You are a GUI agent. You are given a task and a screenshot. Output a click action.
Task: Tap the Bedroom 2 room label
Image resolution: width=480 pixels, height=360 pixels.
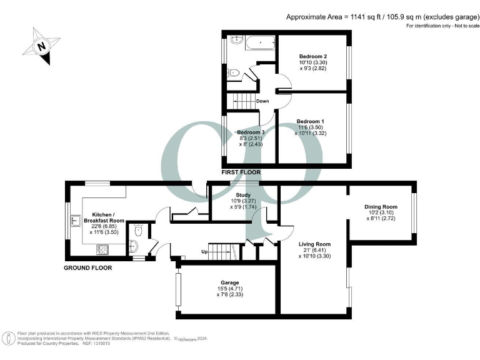312,56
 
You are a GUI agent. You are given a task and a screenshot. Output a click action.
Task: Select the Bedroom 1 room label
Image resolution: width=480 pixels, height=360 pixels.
311,121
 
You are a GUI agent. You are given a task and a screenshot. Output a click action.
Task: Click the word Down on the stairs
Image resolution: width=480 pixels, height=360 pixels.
262,101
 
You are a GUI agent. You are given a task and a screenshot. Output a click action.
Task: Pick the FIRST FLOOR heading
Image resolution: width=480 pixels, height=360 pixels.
241,172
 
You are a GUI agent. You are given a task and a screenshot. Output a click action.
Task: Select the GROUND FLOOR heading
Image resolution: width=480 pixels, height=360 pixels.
88,267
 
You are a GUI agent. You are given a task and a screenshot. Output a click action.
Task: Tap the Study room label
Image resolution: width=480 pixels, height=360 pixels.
243,196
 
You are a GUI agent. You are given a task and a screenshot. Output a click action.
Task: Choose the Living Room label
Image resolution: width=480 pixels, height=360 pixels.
314,244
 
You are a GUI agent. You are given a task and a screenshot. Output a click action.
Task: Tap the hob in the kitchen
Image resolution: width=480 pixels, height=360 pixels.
102,250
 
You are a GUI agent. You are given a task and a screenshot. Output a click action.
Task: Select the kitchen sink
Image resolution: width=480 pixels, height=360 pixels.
74,221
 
